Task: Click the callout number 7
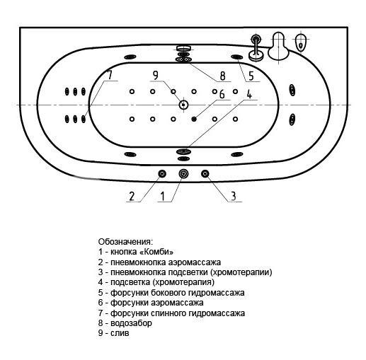point(110,74)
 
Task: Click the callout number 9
point(155,76)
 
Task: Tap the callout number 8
point(222,76)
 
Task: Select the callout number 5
point(251,76)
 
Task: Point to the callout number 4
point(249,93)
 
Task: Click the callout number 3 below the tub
point(233,196)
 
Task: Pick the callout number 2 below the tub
point(132,196)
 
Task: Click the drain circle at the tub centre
point(183,105)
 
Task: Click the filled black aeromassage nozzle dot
point(194,120)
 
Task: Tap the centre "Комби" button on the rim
point(183,174)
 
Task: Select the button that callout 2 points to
point(162,174)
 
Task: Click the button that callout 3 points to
point(205,174)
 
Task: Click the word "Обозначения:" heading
point(125,242)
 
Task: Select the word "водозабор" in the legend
point(131,323)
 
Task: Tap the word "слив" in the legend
point(120,333)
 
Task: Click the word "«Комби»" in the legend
point(156,252)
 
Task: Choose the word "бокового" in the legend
point(168,293)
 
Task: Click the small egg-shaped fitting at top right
point(301,43)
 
